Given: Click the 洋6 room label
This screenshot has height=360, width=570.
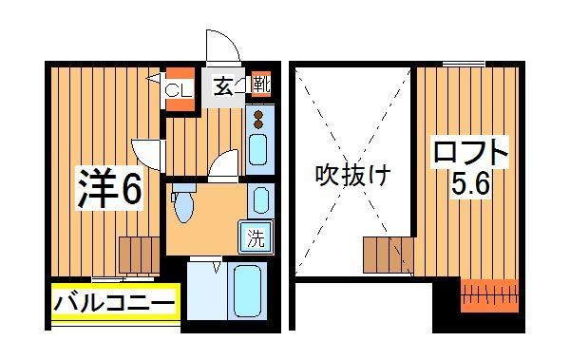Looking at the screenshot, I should (109, 190).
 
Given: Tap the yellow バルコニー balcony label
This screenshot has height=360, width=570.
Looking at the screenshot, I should (114, 303).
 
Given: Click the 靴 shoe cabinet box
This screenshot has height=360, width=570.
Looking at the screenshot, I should (263, 85).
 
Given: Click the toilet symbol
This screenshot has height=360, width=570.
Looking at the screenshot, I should (184, 203).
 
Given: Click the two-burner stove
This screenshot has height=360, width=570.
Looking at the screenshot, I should (258, 119).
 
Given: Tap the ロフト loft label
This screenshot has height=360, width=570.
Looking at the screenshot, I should (470, 152).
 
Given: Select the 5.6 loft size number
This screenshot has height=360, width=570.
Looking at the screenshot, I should (470, 187).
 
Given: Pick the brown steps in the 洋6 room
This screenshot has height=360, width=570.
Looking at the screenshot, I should (138, 254).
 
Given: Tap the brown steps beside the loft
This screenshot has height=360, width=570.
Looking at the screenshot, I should (388, 255).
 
